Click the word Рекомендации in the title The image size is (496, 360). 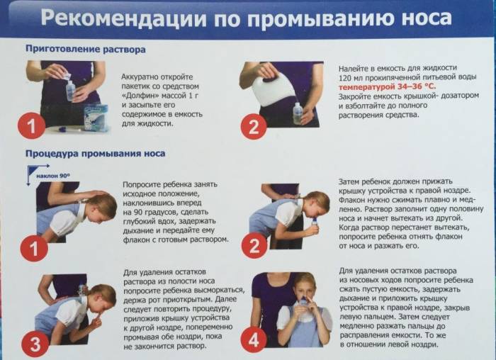[123, 18]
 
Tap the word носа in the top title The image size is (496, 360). [426, 18]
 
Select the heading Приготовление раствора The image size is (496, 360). [86, 50]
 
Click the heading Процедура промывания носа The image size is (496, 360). [95, 154]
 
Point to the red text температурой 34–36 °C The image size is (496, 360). [387, 86]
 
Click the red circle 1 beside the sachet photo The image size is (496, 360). [31, 125]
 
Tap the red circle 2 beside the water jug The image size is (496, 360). [254, 127]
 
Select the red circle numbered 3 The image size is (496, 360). [35, 344]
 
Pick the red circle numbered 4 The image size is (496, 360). [254, 340]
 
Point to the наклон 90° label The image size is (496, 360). [53, 176]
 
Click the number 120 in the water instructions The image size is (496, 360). [345, 77]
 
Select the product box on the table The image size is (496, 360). [96, 118]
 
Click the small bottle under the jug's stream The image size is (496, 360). [298, 113]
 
